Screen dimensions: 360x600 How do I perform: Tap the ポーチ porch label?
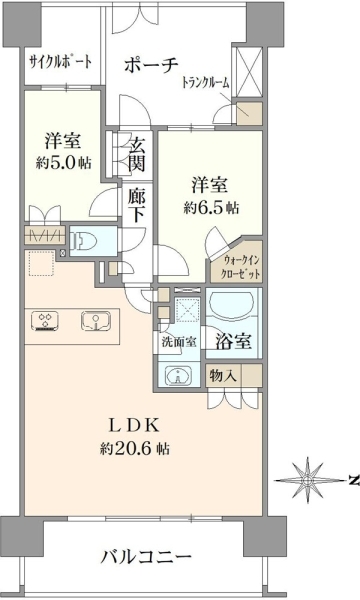[151, 65]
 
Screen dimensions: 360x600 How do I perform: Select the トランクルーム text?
[205, 82]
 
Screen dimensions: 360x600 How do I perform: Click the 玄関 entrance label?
[137, 155]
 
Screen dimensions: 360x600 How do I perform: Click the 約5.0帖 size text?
[64, 163]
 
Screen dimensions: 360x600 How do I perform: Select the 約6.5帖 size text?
[211, 208]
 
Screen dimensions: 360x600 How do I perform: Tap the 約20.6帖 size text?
[135, 448]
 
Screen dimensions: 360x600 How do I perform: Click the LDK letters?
[134, 426]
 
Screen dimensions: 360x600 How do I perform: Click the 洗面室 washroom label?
[179, 342]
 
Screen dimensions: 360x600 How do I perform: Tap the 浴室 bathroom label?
[233, 341]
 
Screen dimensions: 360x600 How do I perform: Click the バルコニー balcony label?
[146, 557]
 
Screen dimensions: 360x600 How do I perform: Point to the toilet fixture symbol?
[84, 241]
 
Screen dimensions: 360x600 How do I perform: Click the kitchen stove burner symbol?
[46, 320]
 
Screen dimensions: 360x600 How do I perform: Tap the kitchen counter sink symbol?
[96, 320]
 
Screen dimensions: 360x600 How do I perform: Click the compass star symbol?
[306, 479]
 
